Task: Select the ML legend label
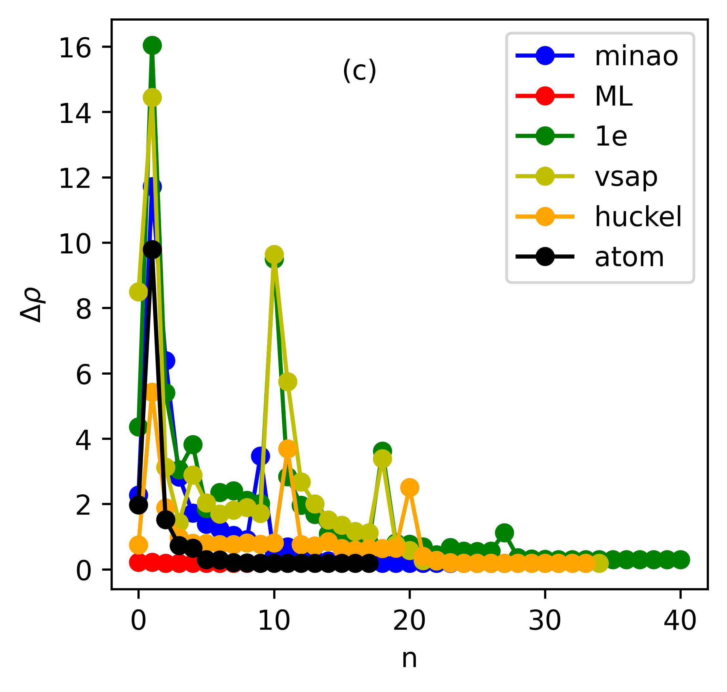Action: [x=613, y=96]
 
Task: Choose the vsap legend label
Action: [x=626, y=177]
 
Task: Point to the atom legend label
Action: [x=629, y=257]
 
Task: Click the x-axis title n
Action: [x=409, y=658]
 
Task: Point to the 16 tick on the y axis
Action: [x=74, y=48]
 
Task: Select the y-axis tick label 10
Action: [x=74, y=244]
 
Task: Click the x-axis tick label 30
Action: [x=545, y=621]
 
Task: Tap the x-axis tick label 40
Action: [x=680, y=621]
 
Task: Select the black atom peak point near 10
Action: [x=152, y=250]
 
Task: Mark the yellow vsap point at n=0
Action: [x=138, y=292]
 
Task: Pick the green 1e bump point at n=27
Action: [x=504, y=533]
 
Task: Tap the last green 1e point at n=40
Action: [x=680, y=560]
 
